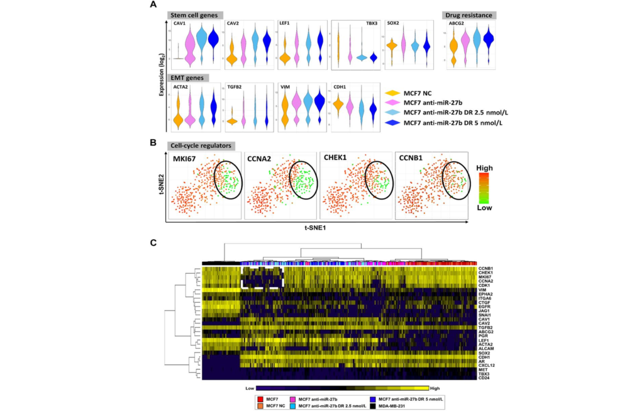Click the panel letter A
click(153, 5)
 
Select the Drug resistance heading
click(469, 14)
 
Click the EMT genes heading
click(186, 77)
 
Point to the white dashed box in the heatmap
click(262, 277)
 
